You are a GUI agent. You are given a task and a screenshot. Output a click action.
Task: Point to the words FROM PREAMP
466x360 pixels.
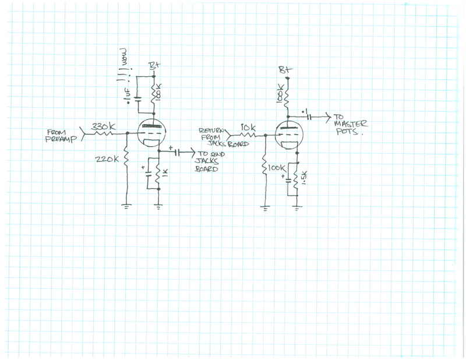pyautogui.click(x=62, y=136)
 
